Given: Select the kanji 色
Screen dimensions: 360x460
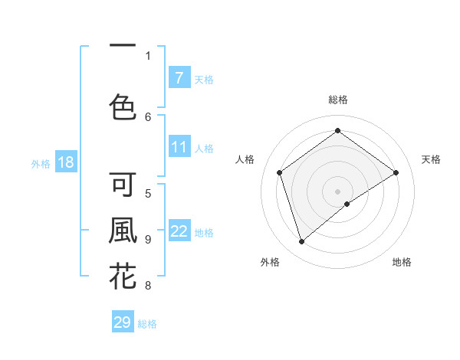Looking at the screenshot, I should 123,106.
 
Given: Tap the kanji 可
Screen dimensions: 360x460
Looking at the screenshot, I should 123,185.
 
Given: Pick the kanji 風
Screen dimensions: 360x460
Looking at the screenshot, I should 123,231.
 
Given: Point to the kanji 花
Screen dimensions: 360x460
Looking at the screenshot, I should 123,276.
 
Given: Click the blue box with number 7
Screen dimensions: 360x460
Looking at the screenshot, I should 179,77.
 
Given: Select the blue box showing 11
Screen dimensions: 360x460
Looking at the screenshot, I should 179,147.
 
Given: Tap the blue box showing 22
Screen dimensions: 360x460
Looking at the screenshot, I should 179,231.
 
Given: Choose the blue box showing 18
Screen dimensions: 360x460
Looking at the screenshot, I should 65,162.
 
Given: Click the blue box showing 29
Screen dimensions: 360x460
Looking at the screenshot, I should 123,322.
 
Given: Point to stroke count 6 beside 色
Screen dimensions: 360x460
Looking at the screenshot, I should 148,116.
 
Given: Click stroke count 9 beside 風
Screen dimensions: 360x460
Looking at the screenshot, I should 148,239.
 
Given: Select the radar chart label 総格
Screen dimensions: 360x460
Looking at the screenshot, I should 337,100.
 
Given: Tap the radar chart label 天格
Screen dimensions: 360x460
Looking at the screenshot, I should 432,159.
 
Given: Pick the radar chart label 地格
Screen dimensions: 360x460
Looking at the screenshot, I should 402,262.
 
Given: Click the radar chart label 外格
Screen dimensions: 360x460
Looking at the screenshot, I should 270,262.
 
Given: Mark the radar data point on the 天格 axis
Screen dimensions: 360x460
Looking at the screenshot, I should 396,172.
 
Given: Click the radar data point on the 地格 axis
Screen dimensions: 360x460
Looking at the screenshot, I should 347,204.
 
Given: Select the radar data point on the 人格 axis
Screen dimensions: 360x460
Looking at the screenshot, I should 280,172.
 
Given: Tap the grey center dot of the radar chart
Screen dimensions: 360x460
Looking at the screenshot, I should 337,190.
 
